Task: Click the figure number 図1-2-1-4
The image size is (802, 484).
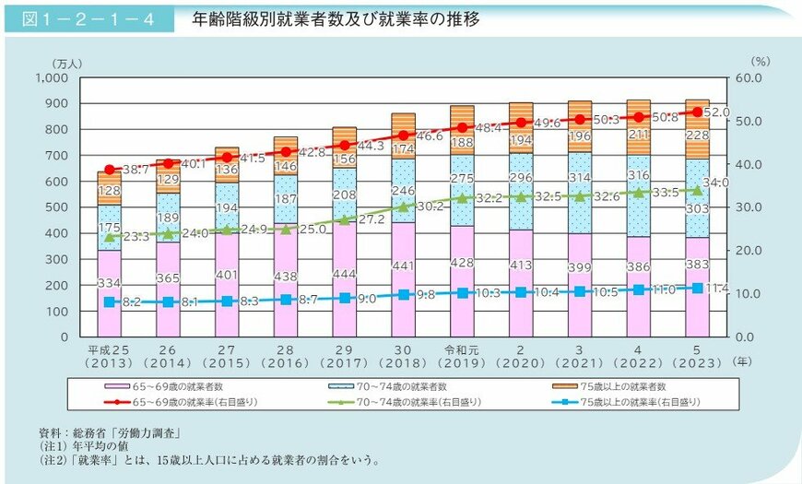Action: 89,18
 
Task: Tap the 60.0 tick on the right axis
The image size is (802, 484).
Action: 753,78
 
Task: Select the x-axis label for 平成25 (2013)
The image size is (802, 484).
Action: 110,357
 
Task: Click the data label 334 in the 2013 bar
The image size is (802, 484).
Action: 110,282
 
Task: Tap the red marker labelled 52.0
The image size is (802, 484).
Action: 697,112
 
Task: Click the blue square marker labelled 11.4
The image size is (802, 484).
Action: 697,288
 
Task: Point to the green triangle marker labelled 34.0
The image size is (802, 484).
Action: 697,190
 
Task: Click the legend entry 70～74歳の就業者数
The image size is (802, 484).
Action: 397,387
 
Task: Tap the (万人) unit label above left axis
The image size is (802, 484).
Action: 67,62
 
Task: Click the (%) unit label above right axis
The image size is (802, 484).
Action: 759,62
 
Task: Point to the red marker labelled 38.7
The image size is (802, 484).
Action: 110,170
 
